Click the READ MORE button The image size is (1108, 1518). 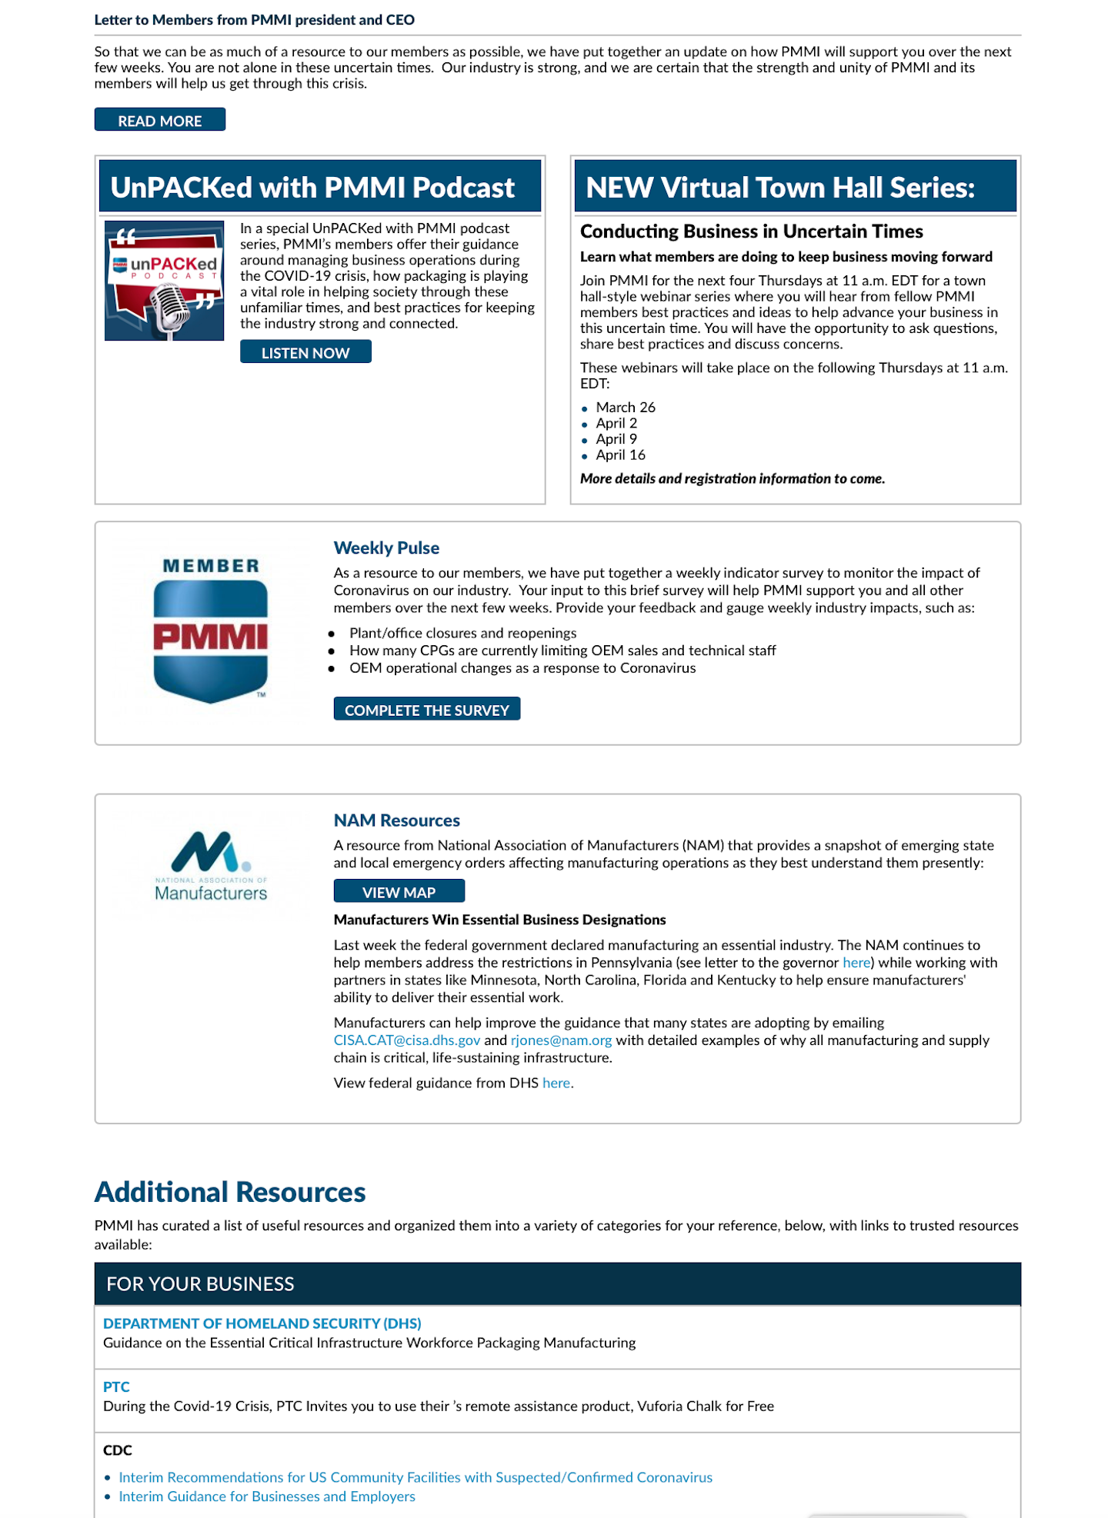[159, 120]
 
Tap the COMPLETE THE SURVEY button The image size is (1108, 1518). [426, 709]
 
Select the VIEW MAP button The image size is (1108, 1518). [399, 891]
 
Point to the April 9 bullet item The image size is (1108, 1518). [616, 439]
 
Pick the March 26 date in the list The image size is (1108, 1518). [626, 408]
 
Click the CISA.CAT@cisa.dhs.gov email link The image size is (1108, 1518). [406, 1040]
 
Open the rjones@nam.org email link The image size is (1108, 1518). [561, 1040]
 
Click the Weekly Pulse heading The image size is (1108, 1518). [386, 548]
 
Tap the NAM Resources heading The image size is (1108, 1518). [396, 821]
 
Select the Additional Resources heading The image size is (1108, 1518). [230, 1193]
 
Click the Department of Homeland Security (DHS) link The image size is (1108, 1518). [262, 1323]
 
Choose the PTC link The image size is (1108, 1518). [116, 1387]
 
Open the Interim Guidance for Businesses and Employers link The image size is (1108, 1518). [266, 1496]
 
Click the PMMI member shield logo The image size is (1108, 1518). [210, 633]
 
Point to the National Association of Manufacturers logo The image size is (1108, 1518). [210, 866]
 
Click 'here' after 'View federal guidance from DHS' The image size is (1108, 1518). [556, 1084]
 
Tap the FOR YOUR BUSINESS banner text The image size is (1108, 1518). [200, 1283]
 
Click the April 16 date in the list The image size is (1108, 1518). [620, 455]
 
